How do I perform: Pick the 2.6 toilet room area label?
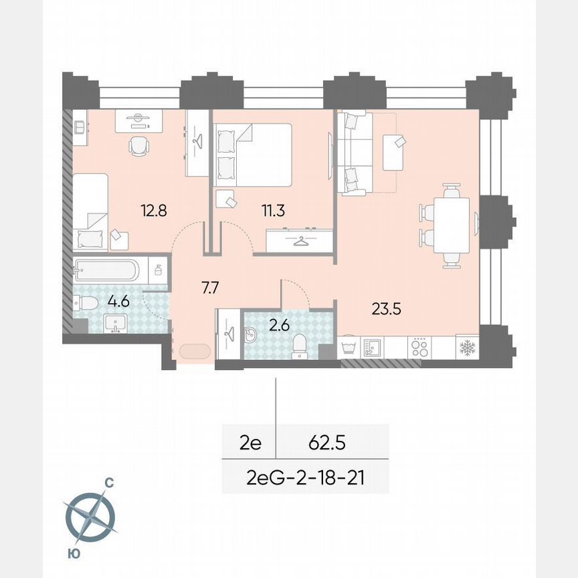[x=276, y=328]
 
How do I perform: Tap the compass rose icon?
[x=90, y=516]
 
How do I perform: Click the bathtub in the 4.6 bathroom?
[x=108, y=270]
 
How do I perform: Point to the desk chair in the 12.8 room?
[x=138, y=146]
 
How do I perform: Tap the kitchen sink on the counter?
[x=371, y=347]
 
